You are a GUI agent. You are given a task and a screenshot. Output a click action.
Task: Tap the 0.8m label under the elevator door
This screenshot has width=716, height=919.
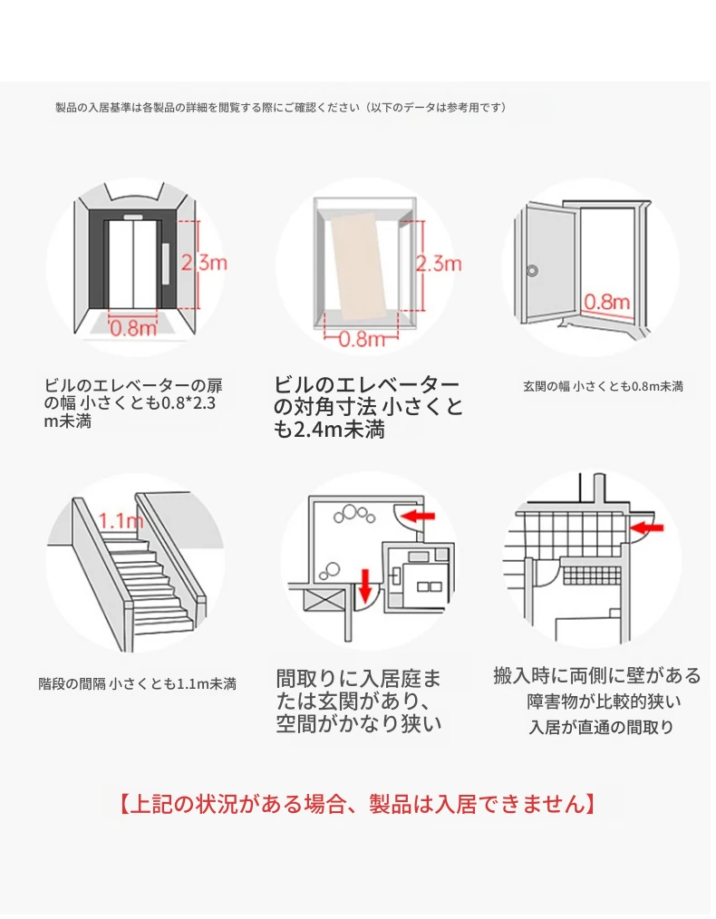point(133,328)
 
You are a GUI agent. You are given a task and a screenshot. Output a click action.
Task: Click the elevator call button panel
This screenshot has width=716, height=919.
point(165,262)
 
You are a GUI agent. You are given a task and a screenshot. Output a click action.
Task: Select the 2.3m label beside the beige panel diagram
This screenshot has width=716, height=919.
point(439,264)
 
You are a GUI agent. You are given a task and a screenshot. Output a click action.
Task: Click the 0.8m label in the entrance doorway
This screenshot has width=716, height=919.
point(607,301)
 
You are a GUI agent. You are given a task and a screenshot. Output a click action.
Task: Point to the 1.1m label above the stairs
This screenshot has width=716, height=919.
point(121,521)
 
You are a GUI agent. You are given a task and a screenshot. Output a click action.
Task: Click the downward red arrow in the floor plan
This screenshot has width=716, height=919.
point(365,585)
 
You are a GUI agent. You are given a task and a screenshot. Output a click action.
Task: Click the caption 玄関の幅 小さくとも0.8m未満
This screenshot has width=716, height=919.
point(603,386)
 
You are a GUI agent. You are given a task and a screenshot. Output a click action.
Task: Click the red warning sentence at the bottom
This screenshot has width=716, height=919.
point(357,803)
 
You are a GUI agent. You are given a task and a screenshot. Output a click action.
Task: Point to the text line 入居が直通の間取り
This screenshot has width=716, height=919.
point(602,727)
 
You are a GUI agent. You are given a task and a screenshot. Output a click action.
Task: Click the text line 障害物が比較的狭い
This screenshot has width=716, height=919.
point(605,701)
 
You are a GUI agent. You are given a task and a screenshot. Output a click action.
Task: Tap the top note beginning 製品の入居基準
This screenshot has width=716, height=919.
point(280,107)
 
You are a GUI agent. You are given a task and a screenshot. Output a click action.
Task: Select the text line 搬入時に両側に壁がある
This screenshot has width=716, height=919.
point(597,675)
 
